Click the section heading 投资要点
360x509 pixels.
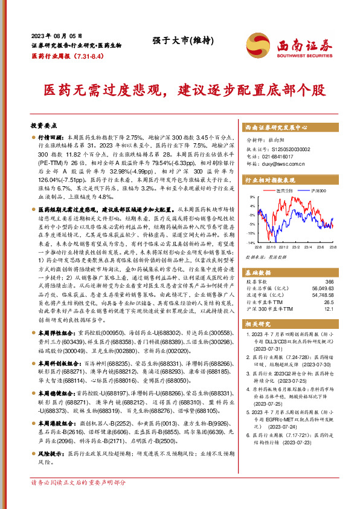43,125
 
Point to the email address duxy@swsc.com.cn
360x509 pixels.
284,163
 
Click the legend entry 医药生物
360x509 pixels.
284,190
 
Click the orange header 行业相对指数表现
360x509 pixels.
269,180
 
